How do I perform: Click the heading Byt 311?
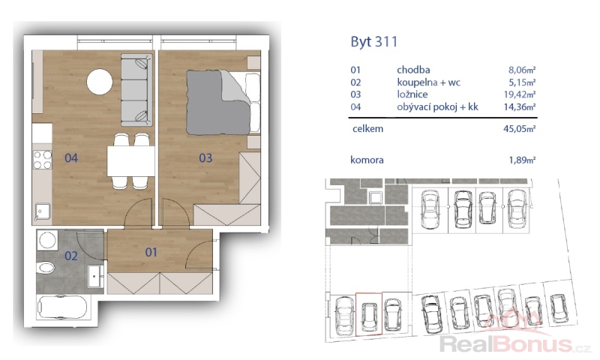click(x=373, y=42)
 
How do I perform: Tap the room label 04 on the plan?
click(x=71, y=157)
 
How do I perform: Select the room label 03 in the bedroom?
click(x=205, y=157)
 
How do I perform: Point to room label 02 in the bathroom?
click(x=71, y=256)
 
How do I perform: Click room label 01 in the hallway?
click(x=151, y=252)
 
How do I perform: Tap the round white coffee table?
click(x=100, y=82)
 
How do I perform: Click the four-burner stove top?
click(x=43, y=160)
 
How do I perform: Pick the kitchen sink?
click(x=43, y=212)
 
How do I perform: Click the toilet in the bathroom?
click(x=46, y=268)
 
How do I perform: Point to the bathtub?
click(x=62, y=307)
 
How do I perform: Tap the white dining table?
click(x=130, y=160)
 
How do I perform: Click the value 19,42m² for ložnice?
click(x=519, y=94)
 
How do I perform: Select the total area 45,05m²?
click(x=519, y=129)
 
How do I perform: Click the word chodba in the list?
click(x=413, y=70)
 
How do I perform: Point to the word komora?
click(x=367, y=160)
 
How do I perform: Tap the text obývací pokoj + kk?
click(x=437, y=106)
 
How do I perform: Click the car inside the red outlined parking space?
click(x=369, y=316)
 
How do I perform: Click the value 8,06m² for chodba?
click(x=521, y=70)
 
